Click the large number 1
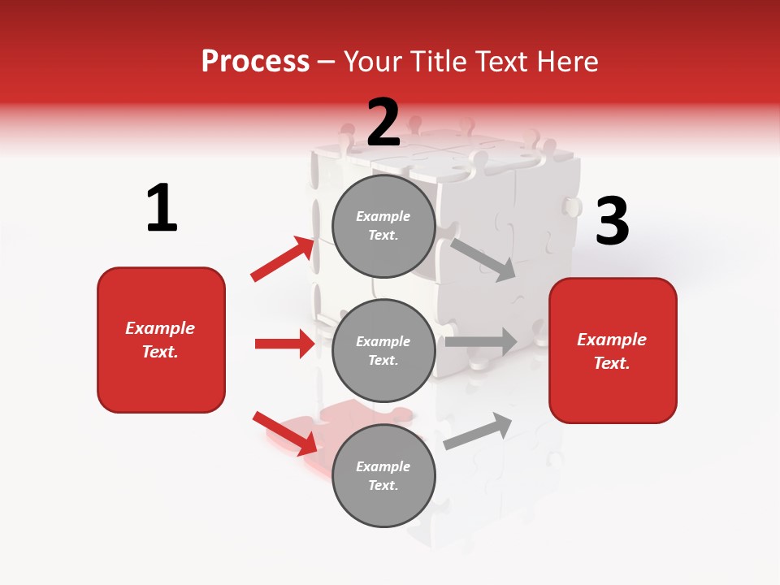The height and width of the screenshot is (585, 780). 162,209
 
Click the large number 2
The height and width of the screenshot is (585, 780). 383,123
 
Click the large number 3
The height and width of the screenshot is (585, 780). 613,222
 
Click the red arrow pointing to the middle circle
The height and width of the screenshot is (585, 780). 284,344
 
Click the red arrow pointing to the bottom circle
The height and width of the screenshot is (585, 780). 284,432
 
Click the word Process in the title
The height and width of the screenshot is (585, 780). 255,61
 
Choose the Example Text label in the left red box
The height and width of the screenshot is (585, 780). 160,340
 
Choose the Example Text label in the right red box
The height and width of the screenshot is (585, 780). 612,351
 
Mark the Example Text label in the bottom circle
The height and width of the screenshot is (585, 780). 383,475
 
